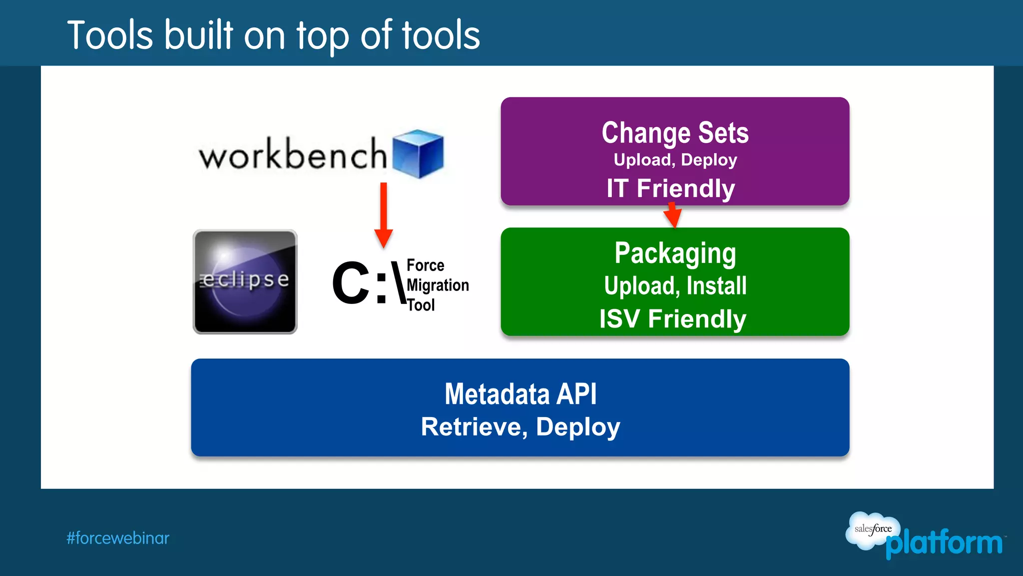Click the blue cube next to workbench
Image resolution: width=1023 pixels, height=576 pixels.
tap(418, 154)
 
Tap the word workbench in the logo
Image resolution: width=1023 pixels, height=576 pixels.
tap(293, 155)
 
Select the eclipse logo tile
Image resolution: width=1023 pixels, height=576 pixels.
tap(245, 282)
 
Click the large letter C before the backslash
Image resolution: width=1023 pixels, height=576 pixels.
tap(351, 283)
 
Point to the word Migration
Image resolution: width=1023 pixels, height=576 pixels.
tap(438, 285)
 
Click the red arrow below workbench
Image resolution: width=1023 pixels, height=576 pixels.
tap(384, 215)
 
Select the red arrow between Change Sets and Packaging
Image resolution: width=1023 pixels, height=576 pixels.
tap(672, 215)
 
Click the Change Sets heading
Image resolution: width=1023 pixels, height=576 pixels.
tap(675, 133)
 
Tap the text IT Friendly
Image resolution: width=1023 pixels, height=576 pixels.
tap(670, 188)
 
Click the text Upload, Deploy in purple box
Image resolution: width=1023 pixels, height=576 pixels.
tap(675, 160)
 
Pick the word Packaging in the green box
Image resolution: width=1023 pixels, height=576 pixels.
tap(675, 253)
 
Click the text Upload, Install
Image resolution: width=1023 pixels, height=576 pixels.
tap(675, 286)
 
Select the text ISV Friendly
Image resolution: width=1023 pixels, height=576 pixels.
tap(672, 319)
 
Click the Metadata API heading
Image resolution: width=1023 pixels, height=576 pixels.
tap(520, 394)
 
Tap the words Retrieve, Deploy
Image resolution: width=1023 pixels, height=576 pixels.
tap(520, 427)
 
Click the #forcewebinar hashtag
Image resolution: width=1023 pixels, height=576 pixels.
tap(118, 538)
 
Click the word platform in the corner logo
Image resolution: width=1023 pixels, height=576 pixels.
tap(944, 543)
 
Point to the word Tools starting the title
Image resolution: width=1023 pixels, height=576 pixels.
tap(110, 35)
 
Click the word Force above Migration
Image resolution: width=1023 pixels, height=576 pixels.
tap(425, 265)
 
